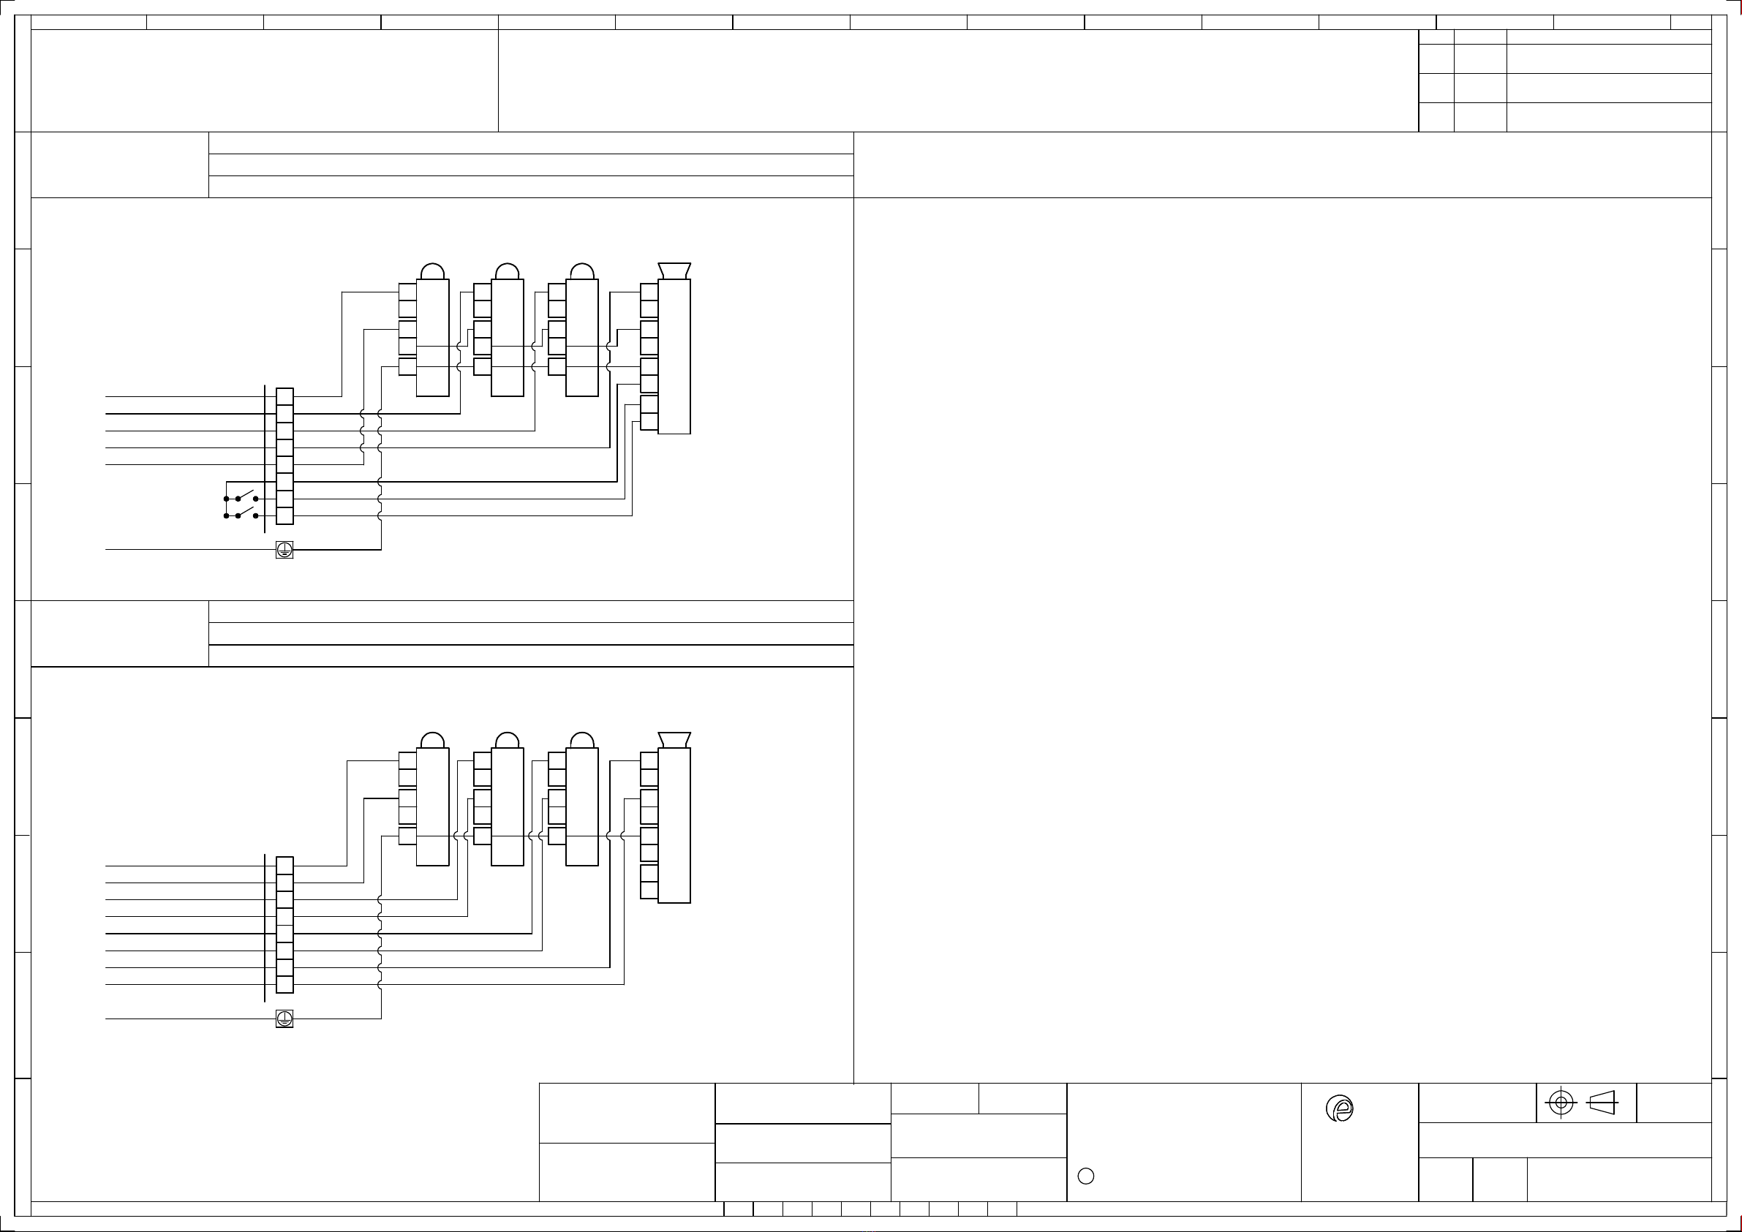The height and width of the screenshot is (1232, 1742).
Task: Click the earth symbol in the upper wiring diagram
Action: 284,550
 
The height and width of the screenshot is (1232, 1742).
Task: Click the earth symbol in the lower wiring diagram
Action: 284,1019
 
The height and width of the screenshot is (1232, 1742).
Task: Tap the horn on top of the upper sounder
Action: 674,271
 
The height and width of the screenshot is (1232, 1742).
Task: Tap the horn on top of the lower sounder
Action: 674,740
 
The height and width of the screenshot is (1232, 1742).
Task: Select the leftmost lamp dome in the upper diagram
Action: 432,271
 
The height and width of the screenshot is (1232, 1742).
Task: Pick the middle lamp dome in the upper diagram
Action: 507,271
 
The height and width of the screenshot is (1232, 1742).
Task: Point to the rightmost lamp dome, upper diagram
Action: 582,271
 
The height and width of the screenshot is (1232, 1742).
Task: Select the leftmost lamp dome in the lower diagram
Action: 432,741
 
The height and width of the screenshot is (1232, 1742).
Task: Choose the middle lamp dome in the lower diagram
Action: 507,741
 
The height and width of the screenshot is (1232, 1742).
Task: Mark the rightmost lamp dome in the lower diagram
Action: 582,741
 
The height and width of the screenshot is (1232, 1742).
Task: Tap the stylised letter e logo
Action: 1341,1110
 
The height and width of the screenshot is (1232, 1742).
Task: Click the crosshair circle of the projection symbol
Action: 1561,1103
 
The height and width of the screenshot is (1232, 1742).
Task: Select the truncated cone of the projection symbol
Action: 1602,1103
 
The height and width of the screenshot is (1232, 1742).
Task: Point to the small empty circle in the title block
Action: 1086,1176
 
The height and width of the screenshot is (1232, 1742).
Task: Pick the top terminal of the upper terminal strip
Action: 284,397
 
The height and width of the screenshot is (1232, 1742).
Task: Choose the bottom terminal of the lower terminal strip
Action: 284,985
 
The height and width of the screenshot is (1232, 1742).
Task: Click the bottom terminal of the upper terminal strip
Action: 284,516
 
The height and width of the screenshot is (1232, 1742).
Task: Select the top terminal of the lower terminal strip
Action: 284,866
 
